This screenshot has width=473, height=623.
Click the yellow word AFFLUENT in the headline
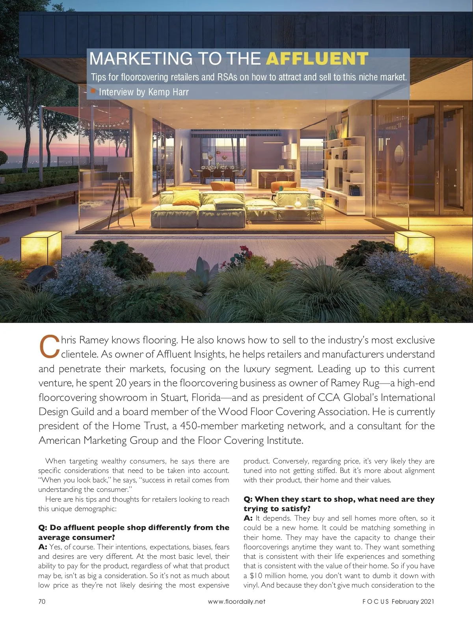tap(317, 59)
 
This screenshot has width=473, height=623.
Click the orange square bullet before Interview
tap(93, 91)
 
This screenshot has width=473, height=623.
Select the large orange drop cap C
tap(49, 347)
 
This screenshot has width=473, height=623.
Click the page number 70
tap(42, 601)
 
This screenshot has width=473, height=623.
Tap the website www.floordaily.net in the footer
tap(236, 601)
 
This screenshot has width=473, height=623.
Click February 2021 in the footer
tap(413, 601)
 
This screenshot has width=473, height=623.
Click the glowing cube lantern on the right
tap(414, 247)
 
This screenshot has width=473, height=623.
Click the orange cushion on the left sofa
tap(186, 197)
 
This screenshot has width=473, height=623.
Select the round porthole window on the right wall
tap(399, 154)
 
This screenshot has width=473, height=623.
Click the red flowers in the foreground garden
tap(245, 251)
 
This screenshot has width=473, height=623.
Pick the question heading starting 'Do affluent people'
tap(134, 532)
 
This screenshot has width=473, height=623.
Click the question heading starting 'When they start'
tap(339, 504)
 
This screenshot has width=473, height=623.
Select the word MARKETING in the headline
tap(141, 59)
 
